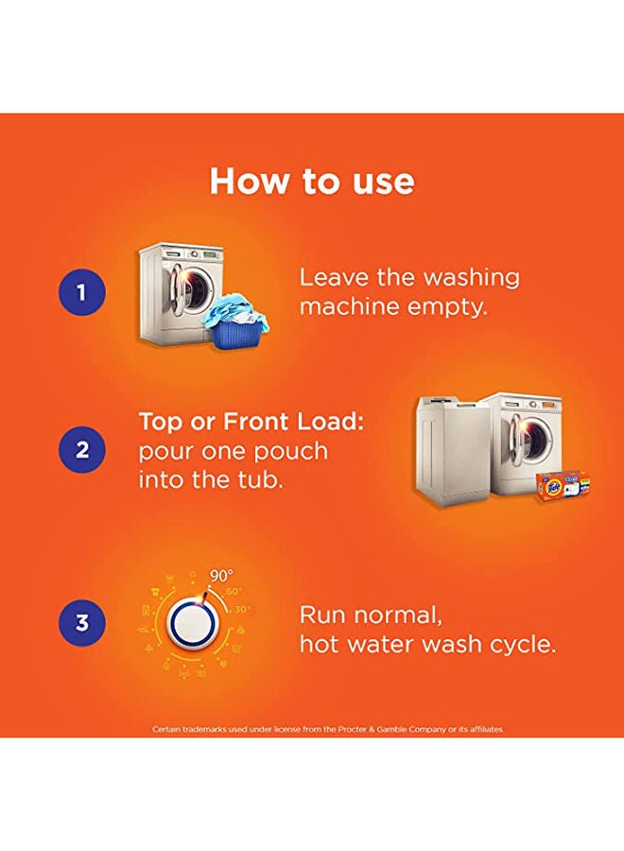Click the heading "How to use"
[312, 181]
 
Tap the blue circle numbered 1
[81, 292]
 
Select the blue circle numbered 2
[81, 450]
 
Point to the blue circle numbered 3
[81, 622]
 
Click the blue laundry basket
[235, 331]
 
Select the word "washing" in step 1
[471, 278]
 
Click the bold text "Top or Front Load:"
[251, 421]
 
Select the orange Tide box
[563, 485]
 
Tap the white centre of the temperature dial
[188, 622]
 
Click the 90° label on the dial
[221, 576]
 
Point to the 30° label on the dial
[241, 610]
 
